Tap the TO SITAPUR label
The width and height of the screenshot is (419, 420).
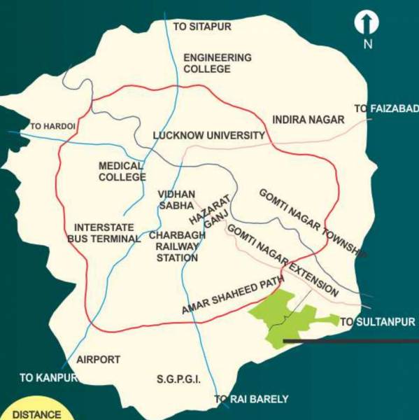click(x=201, y=27)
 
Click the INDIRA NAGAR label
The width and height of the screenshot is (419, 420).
click(x=308, y=120)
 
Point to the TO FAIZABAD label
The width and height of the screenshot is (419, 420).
click(x=385, y=108)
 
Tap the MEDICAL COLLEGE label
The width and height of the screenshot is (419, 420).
click(x=121, y=171)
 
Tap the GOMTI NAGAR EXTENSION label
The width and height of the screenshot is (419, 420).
click(x=283, y=260)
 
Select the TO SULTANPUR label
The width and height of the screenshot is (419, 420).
click(x=374, y=323)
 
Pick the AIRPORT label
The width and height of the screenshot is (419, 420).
click(x=98, y=359)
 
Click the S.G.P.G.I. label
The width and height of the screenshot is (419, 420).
click(x=178, y=379)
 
